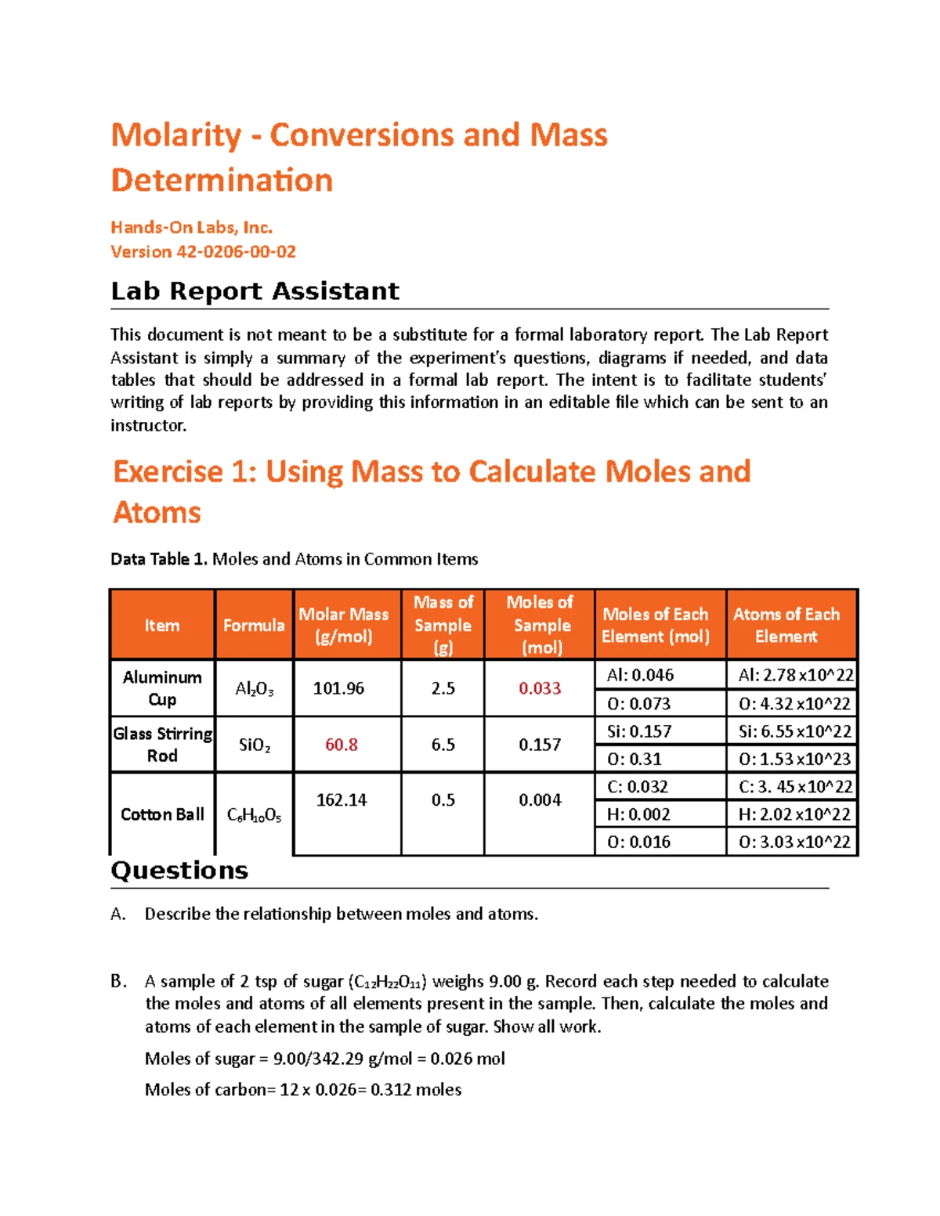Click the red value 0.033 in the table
pos(540,688)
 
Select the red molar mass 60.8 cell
pos(342,745)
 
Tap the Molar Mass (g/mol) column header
pos(343,625)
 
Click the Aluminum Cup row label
pos(162,688)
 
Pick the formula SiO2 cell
pos(255,745)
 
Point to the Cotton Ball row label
pos(162,814)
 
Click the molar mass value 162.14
pos(342,799)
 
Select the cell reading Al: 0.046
pos(640,675)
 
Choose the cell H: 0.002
pos(638,814)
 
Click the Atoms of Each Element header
pos(786,625)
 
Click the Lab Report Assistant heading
pos(255,291)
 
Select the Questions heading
pos(179,871)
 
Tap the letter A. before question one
pos(118,914)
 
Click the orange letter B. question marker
pos(118,981)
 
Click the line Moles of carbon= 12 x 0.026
pos(302,1089)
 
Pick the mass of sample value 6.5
pos(443,745)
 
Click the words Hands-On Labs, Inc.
pos(191,227)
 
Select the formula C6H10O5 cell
pos(254,815)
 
